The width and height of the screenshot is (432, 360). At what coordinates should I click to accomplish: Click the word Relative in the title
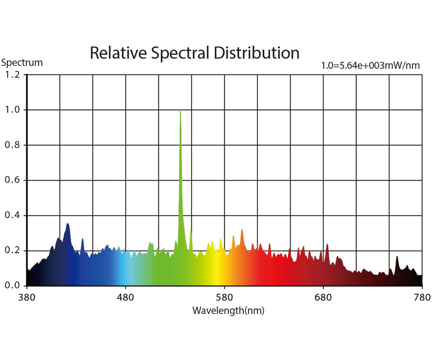pyautogui.click(x=118, y=53)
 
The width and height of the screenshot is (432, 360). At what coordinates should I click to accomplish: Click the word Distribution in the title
pyautogui.click(x=256, y=53)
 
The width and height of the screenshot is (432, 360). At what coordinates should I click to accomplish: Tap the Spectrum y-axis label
pyautogui.click(x=22, y=63)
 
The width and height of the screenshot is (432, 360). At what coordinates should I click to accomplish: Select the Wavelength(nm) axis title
pyautogui.click(x=228, y=311)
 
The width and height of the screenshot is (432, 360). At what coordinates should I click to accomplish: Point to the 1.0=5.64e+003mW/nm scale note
pyautogui.click(x=371, y=66)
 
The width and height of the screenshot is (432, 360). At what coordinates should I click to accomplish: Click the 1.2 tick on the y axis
pyautogui.click(x=11, y=75)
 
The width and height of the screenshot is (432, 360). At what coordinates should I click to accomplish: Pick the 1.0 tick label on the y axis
pyautogui.click(x=11, y=110)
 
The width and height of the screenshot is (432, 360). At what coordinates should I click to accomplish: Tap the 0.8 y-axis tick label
pyautogui.click(x=11, y=145)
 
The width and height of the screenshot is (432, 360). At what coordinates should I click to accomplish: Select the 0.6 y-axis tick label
pyautogui.click(x=11, y=180)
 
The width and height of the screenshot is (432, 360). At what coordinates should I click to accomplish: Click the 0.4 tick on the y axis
pyautogui.click(x=11, y=216)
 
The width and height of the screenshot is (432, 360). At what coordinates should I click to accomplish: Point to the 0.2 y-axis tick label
pyautogui.click(x=11, y=251)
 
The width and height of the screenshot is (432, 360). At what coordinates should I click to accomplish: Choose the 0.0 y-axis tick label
pyautogui.click(x=11, y=286)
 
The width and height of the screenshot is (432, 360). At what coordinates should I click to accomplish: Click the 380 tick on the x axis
pyautogui.click(x=27, y=297)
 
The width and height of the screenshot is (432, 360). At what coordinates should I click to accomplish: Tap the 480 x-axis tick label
pyautogui.click(x=125, y=297)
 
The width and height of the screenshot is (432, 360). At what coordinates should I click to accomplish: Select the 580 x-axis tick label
pyautogui.click(x=224, y=297)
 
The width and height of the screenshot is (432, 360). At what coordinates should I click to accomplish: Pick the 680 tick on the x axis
pyautogui.click(x=324, y=297)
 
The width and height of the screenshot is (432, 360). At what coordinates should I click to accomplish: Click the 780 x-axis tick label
pyautogui.click(x=422, y=297)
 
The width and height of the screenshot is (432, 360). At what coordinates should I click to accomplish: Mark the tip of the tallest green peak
pyautogui.click(x=181, y=110)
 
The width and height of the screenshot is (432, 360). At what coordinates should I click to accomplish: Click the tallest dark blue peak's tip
pyautogui.click(x=67, y=224)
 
